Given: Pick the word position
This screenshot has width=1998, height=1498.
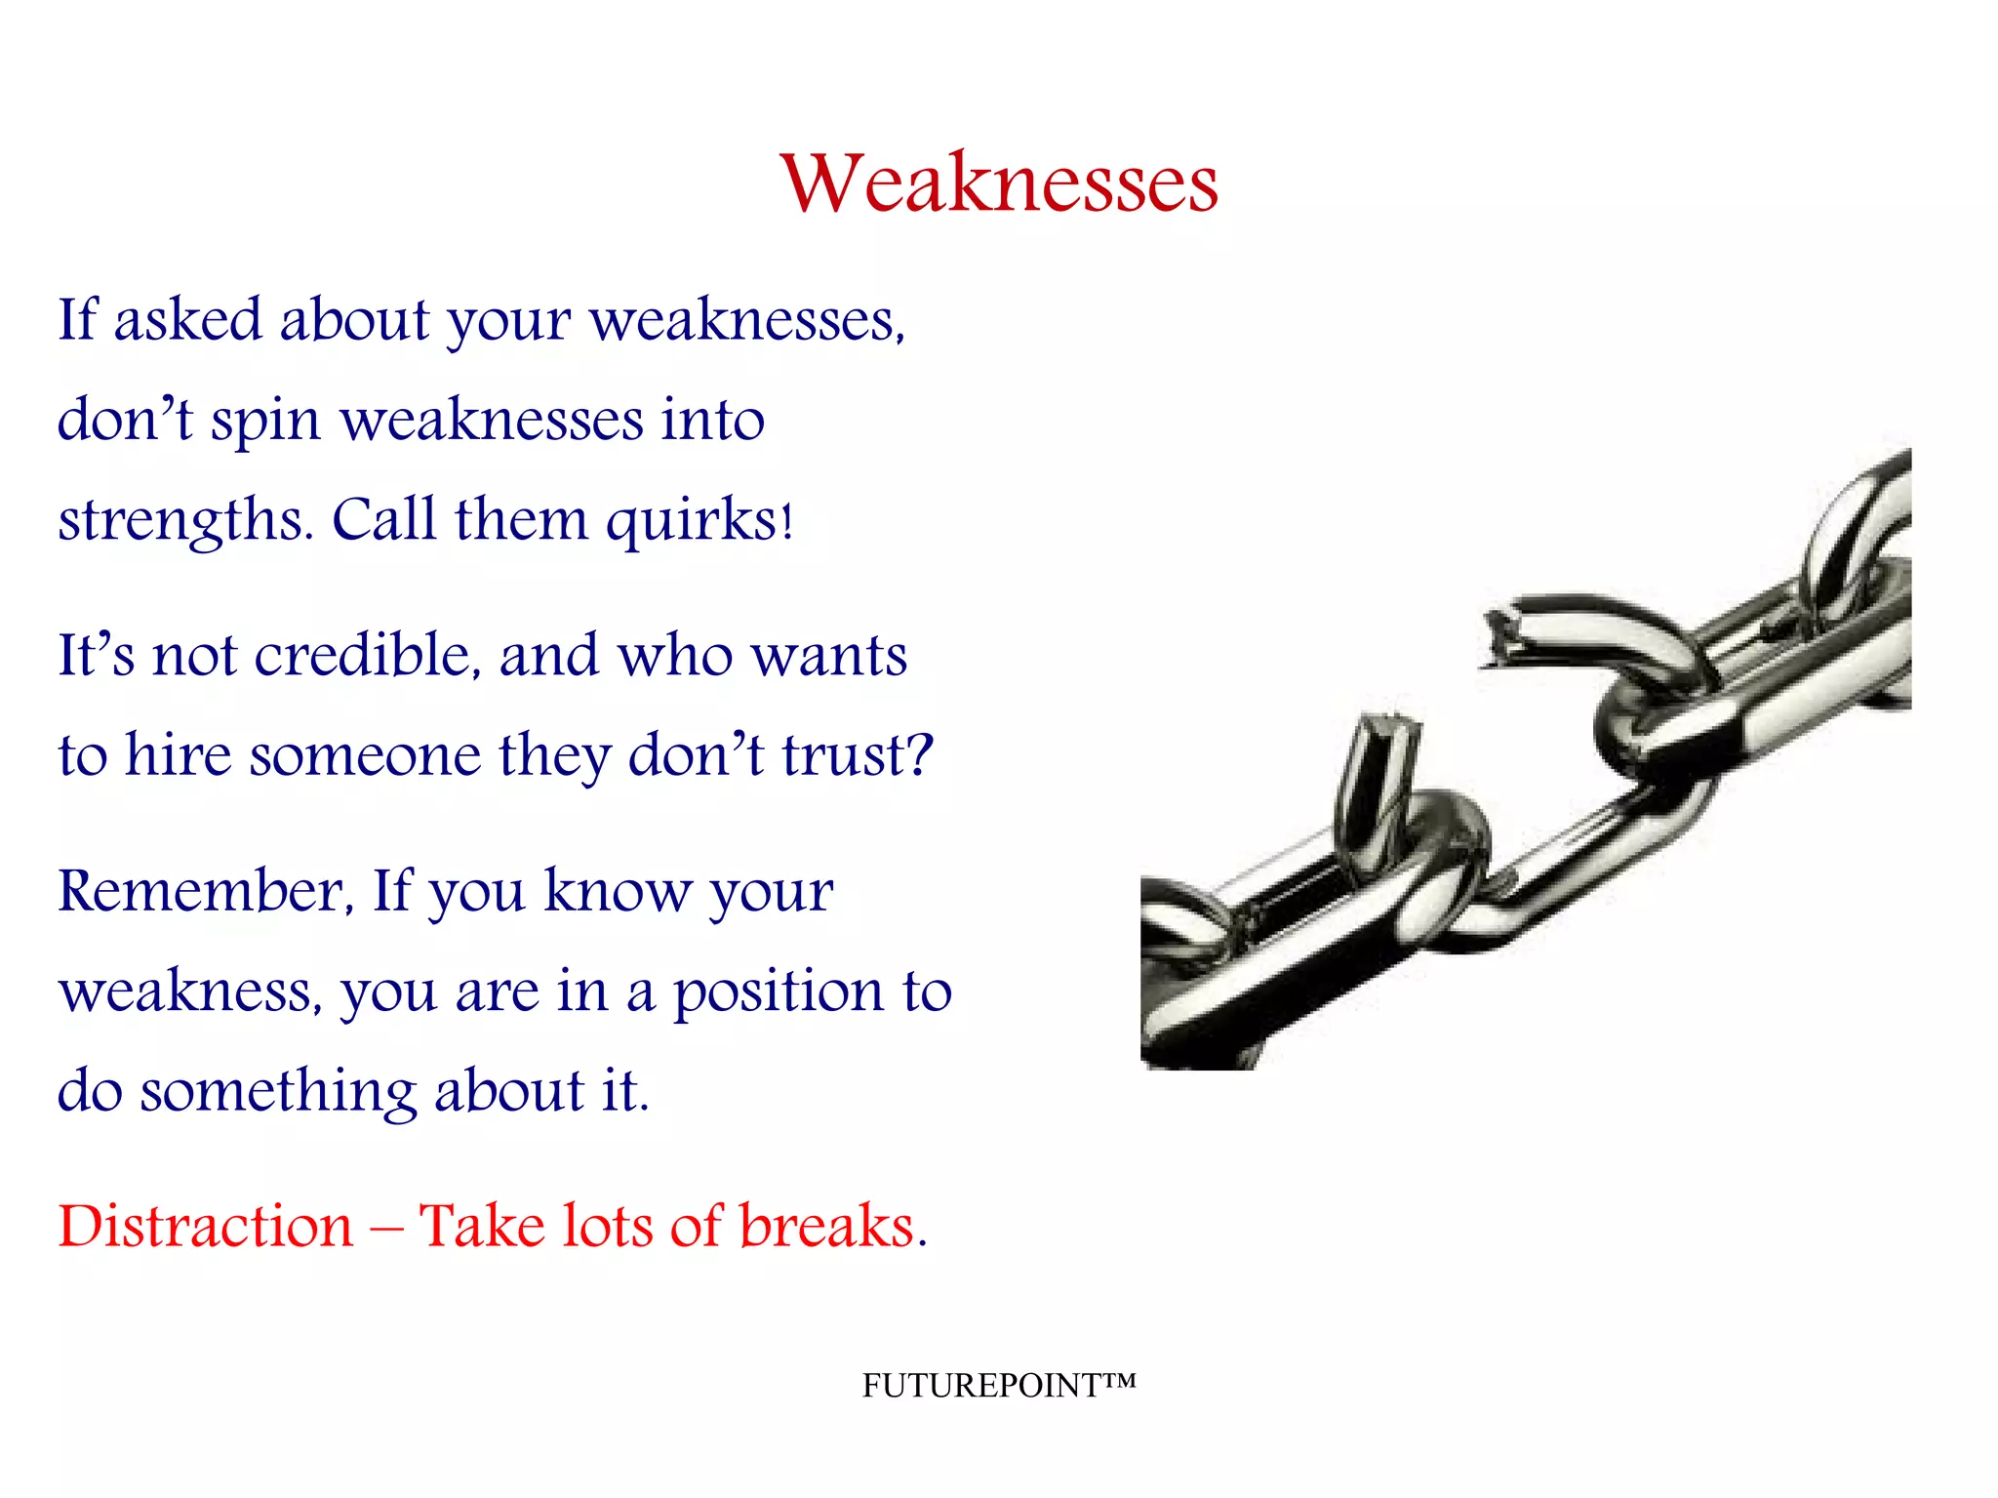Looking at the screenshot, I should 778,993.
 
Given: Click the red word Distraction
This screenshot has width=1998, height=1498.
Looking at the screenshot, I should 205,1226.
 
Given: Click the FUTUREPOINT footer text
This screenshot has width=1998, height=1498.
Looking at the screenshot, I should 998,1385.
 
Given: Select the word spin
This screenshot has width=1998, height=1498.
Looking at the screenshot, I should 265,422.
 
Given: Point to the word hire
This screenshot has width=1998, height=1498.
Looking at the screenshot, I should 179,755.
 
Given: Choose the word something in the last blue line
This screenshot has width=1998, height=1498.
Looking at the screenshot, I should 278,1091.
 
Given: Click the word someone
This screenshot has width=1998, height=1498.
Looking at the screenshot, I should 365,755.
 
